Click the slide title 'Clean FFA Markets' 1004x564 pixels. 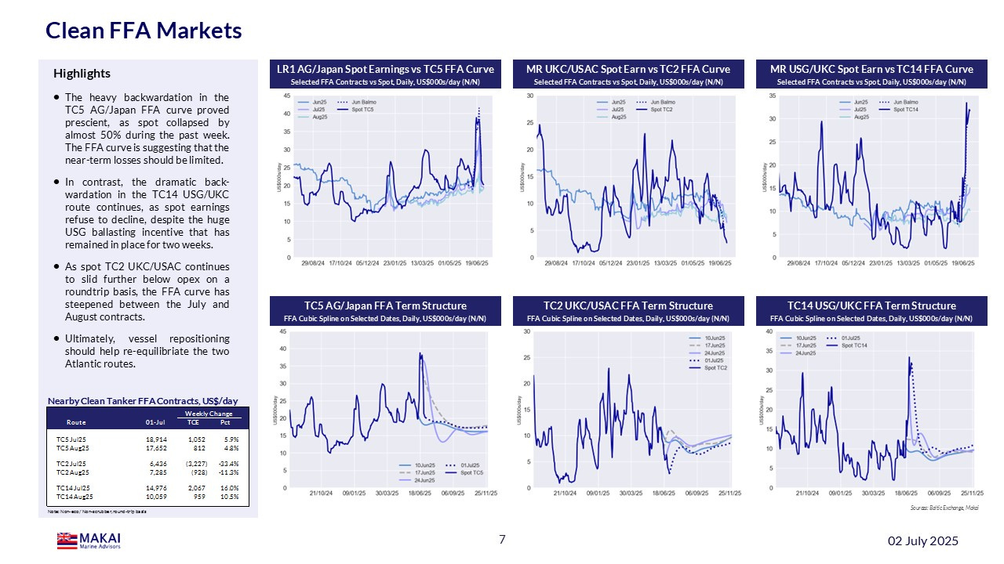coord(144,31)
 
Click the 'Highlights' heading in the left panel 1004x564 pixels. coord(82,74)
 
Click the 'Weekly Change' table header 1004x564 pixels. coord(208,413)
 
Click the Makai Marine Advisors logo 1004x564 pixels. coord(89,540)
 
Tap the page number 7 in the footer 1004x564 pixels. coord(502,539)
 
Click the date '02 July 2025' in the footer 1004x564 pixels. coord(922,541)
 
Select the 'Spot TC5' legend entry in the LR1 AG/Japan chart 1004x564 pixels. coord(359,110)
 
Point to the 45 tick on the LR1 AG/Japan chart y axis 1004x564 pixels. coord(287,96)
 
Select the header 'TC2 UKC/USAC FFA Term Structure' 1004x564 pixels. coord(628,305)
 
